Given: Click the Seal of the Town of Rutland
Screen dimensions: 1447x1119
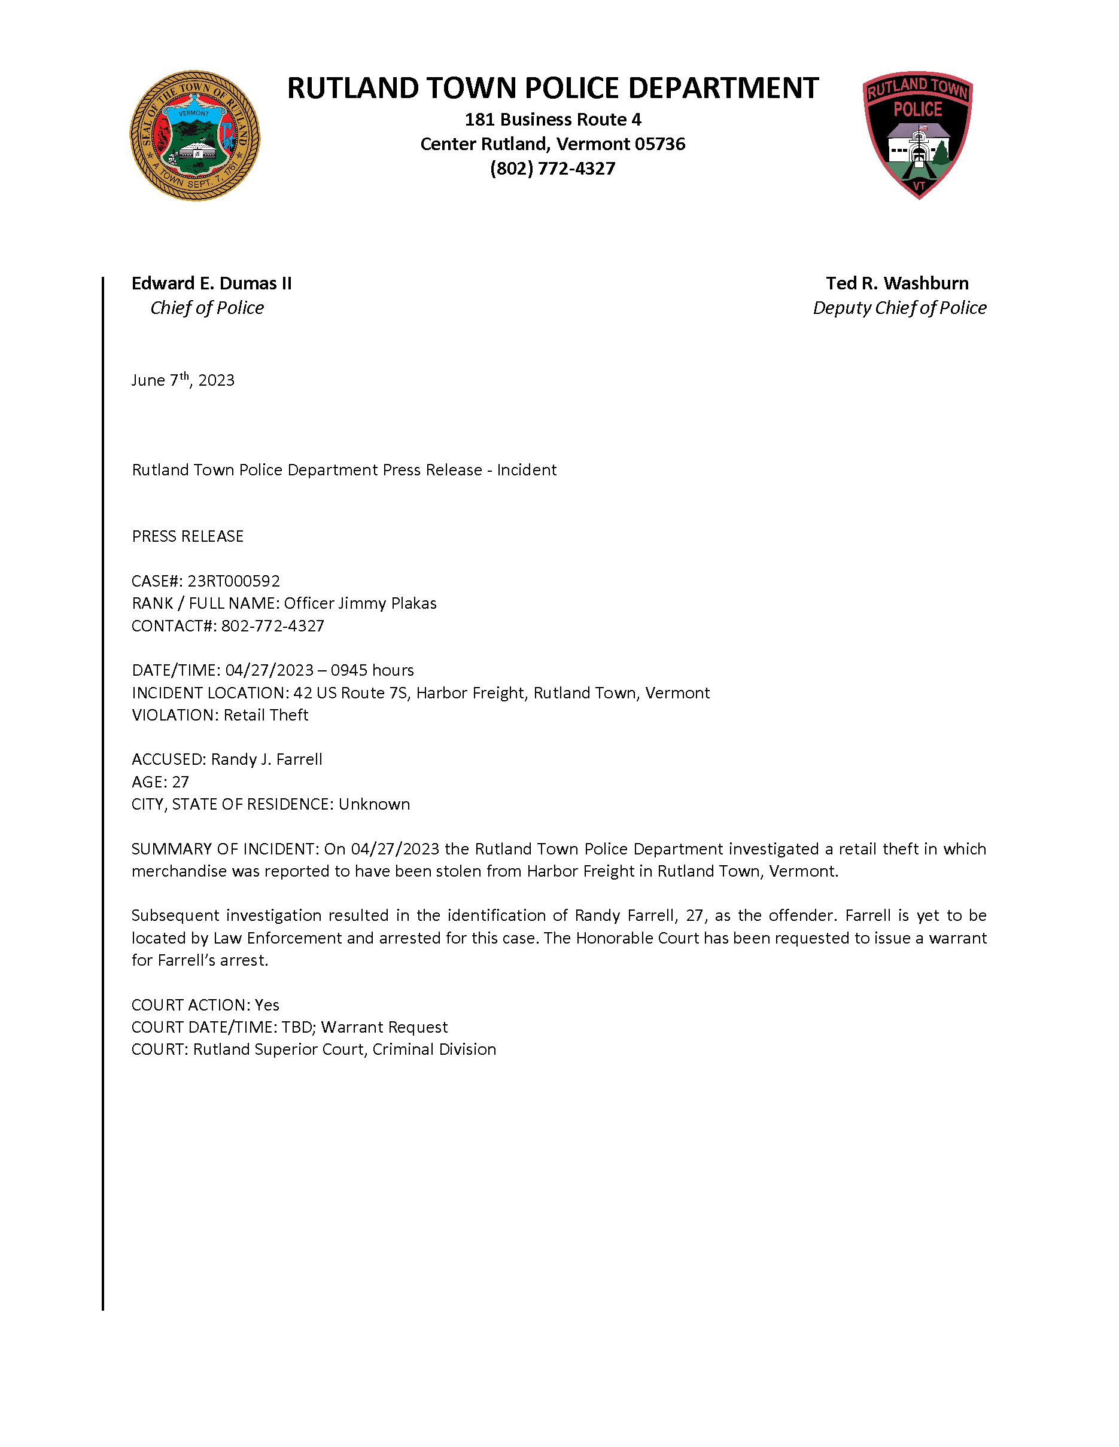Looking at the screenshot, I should coord(194,136).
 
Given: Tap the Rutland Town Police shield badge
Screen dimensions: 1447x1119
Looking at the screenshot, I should coord(917,135).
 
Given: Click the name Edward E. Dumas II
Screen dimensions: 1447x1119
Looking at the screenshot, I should coord(211,283).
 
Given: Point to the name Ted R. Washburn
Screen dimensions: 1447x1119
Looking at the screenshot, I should coord(897,283).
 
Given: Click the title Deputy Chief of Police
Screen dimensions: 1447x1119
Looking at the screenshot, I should coord(899,308).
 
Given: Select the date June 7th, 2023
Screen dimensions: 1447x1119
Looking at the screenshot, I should coord(183,380).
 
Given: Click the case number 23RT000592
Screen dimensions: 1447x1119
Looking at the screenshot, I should coord(233,581).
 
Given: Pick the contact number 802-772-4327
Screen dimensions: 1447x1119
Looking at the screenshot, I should coord(272,626).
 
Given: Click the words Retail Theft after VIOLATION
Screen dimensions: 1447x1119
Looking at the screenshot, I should coord(266,716).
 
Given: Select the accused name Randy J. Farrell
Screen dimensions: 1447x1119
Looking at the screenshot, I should coord(266,759).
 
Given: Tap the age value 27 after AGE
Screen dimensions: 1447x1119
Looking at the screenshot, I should coord(180,783).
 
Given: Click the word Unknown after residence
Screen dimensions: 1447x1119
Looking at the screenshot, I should coord(374,804).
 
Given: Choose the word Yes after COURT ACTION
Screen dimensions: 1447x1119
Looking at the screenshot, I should coord(267,1005).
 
